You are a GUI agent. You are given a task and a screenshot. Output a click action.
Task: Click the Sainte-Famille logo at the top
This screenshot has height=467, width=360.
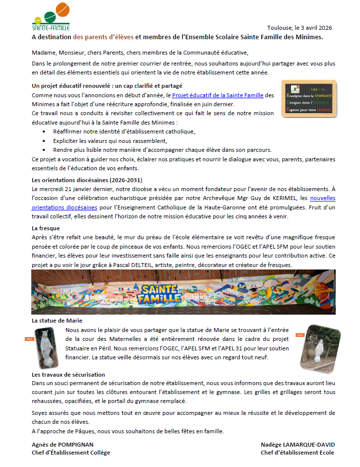click(x=51, y=16)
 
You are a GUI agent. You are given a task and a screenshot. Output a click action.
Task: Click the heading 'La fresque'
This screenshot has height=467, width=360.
click(x=46, y=228)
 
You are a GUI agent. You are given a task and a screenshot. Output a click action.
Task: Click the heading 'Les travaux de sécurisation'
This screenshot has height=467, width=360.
click(x=68, y=375)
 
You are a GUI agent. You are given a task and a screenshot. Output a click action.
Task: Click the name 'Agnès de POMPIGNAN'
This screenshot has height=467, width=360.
click(x=63, y=445)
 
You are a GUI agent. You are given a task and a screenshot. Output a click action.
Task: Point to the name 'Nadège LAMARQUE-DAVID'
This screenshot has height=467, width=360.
click(x=297, y=445)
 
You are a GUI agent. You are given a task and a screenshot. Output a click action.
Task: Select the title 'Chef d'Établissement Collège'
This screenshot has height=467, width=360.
click(x=71, y=453)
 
